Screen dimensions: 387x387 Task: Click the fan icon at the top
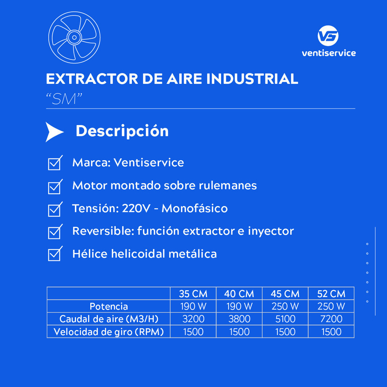tap(74, 37)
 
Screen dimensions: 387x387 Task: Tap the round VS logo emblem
tap(328, 36)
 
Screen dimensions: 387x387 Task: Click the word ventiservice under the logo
tap(329, 53)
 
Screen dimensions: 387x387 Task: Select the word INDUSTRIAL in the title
tap(252, 79)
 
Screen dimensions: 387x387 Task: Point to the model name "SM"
tap(64, 99)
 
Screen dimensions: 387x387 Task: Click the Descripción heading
tap(122, 131)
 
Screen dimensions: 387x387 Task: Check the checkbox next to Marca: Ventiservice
tap(55, 163)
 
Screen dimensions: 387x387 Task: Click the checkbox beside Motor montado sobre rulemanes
tap(55, 187)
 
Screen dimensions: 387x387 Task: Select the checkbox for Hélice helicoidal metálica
tap(55, 254)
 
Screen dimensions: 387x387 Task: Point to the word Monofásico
tap(195, 209)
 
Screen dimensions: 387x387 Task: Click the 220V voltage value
tap(136, 209)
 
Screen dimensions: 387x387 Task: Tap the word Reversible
tap(103, 231)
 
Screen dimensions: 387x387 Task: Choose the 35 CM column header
tap(193, 294)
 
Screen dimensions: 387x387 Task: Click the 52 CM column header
tap(331, 294)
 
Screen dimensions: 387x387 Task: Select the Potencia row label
tap(108, 307)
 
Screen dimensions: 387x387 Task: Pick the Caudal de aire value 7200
tap(331, 319)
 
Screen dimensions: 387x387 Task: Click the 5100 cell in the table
tap(285, 319)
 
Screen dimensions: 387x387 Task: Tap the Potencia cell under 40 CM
tap(239, 307)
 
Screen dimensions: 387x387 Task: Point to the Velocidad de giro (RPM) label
tap(108, 332)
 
